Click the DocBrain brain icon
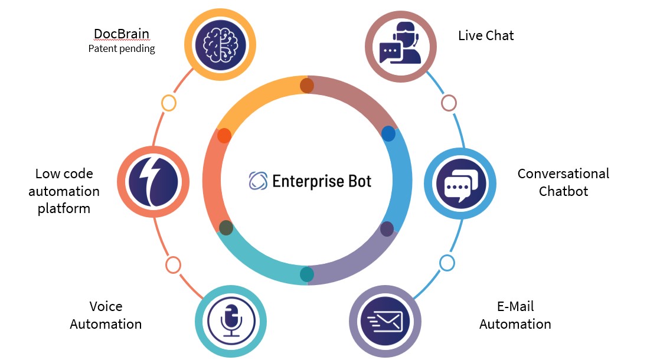tap(220, 45)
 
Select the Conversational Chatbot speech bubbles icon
tap(460, 184)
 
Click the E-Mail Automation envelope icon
tap(385, 322)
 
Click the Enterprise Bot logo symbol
tap(258, 181)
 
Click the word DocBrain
tap(122, 34)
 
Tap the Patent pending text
tap(122, 48)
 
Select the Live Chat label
tap(486, 35)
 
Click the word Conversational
tap(563, 174)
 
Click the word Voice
tap(106, 307)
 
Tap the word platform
tap(64, 208)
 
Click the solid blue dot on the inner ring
tap(388, 134)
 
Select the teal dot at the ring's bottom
tap(307, 274)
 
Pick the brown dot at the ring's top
tap(307, 86)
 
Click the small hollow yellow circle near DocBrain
tap(168, 103)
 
